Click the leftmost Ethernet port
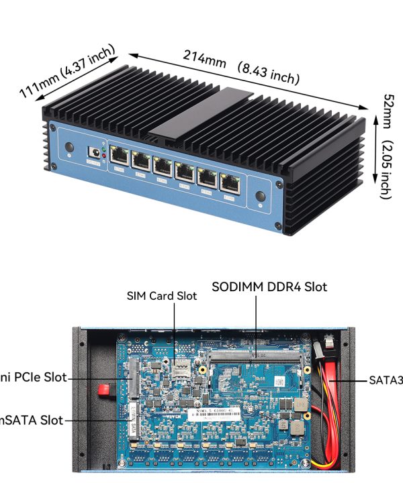[120, 156]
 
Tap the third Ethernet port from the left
[163, 166]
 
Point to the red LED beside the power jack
[103, 155]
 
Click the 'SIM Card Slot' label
[162, 296]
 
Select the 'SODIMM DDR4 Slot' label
[269, 287]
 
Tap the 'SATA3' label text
[386, 380]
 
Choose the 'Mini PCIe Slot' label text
[34, 378]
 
